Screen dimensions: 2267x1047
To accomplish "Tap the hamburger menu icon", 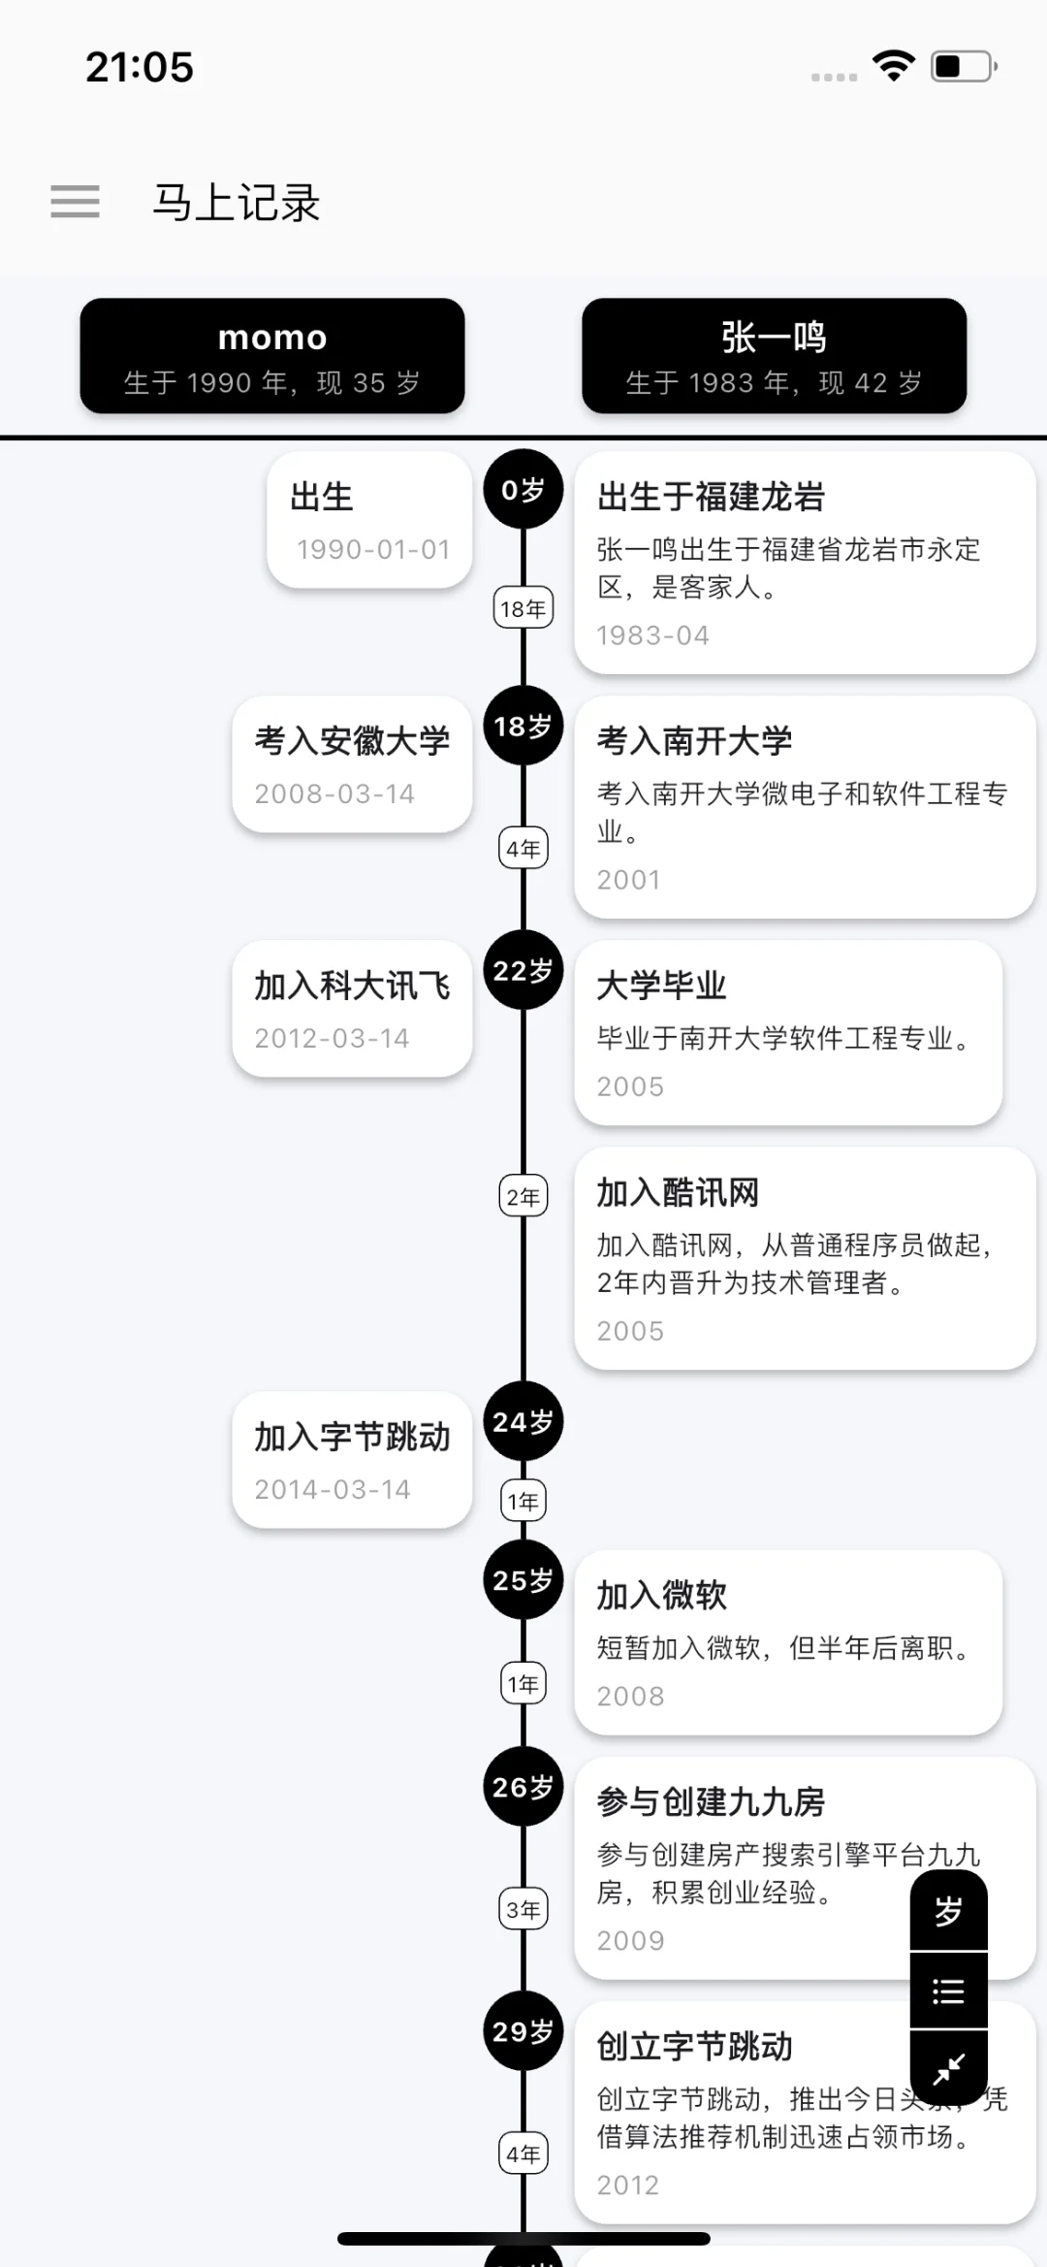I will click(76, 202).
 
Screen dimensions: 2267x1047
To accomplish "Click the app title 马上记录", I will click(236, 203).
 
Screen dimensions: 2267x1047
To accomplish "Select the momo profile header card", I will click(272, 356).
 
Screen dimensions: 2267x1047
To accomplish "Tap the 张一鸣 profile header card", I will click(774, 356).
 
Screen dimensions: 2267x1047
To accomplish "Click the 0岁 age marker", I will click(523, 490).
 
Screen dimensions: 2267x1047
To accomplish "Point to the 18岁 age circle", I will click(523, 727).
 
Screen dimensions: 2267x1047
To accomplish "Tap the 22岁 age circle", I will click(523, 971).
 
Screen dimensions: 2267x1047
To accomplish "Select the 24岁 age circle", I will click(523, 1422).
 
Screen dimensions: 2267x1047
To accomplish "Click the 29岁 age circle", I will click(523, 2031).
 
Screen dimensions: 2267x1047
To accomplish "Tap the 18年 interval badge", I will click(523, 608).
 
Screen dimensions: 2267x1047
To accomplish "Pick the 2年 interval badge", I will click(523, 1197).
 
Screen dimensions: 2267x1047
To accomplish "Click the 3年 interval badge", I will click(523, 1909).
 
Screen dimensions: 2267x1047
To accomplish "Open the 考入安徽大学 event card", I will click(352, 764).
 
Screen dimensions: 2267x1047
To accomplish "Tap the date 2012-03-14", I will click(332, 1038).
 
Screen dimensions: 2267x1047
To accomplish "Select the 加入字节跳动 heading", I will click(352, 1437).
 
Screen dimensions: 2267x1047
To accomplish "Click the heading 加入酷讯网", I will click(678, 1192).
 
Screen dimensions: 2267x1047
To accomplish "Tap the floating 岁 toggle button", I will click(948, 1911).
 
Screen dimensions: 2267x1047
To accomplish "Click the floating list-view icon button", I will click(948, 1992).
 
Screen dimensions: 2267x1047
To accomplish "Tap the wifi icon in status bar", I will click(893, 66).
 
